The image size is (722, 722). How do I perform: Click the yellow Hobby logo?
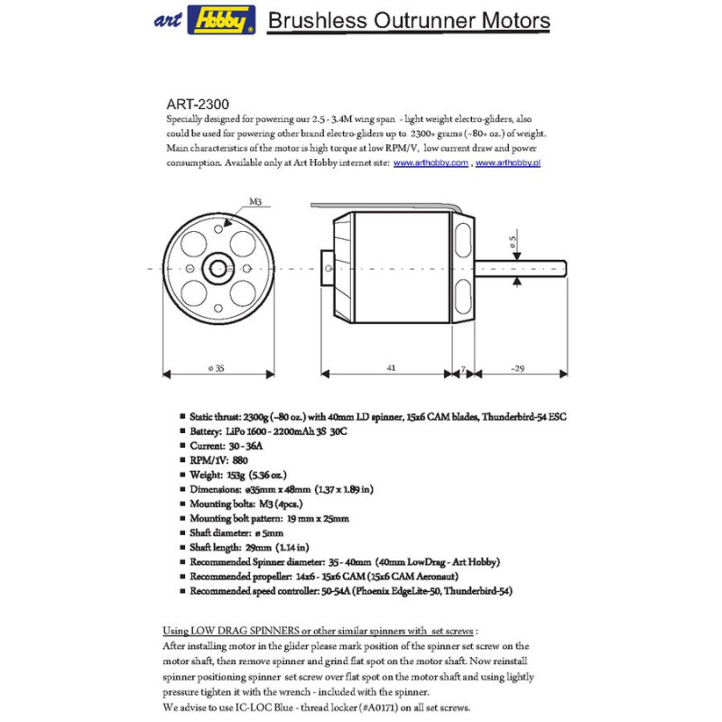[221, 20]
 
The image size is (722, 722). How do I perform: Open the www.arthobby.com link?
[430, 163]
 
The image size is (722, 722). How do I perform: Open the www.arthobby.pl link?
[507, 163]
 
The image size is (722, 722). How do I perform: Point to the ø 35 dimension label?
[216, 368]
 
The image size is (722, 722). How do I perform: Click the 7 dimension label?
[463, 368]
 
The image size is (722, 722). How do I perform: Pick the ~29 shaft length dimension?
[517, 368]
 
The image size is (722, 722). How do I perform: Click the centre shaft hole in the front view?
[218, 268]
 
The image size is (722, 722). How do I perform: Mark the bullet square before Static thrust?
[183, 417]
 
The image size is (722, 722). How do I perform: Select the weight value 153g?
[234, 475]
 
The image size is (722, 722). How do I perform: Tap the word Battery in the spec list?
[206, 431]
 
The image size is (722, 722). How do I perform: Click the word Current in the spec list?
[208, 446]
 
